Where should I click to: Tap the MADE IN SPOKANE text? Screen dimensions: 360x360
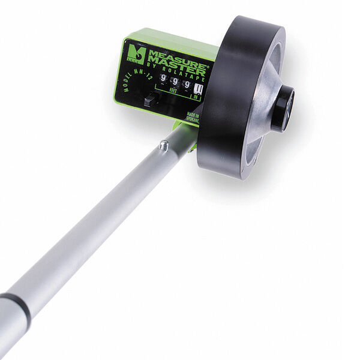pos(193,117)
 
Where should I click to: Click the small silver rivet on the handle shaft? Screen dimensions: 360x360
pos(163,144)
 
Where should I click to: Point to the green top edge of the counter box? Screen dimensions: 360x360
pos(174,40)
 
